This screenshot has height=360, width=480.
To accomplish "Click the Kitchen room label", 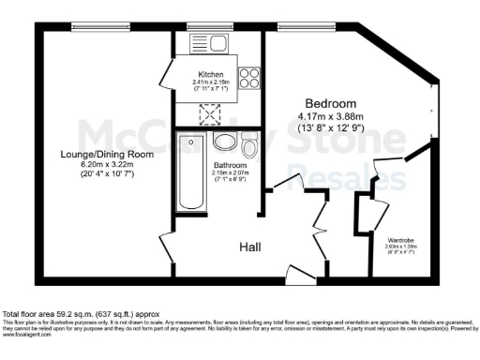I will pyautogui.click(x=209, y=74).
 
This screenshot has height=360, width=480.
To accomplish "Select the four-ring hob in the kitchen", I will pyautogui.click(x=250, y=78).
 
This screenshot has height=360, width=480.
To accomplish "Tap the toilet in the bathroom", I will pyautogui.click(x=248, y=147).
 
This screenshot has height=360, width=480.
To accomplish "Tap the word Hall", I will pyautogui.click(x=249, y=247).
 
